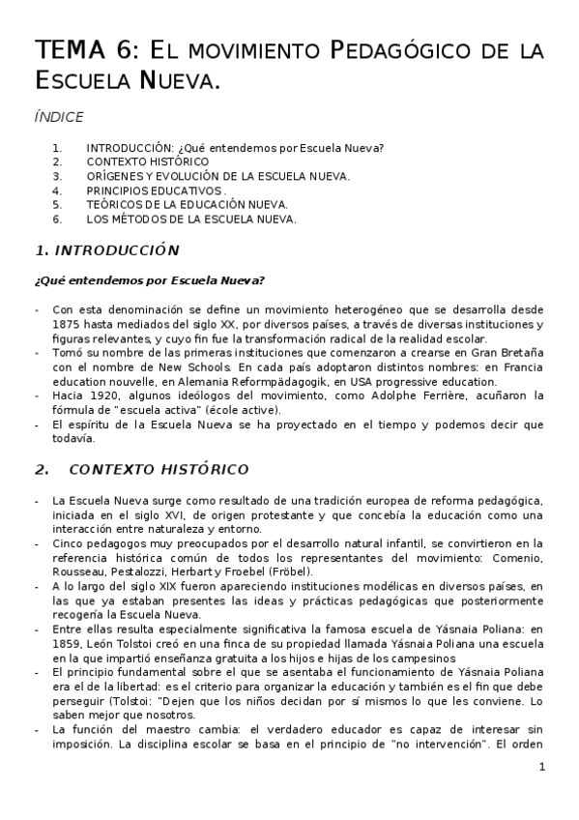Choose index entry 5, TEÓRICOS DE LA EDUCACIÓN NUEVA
[187, 205]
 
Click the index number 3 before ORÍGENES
[57, 176]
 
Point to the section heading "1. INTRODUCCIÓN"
[106, 250]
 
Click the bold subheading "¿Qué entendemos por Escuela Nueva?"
[149, 281]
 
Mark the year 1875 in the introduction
[70, 324]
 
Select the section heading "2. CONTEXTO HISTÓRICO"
[141, 470]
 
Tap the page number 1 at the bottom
[542, 767]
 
